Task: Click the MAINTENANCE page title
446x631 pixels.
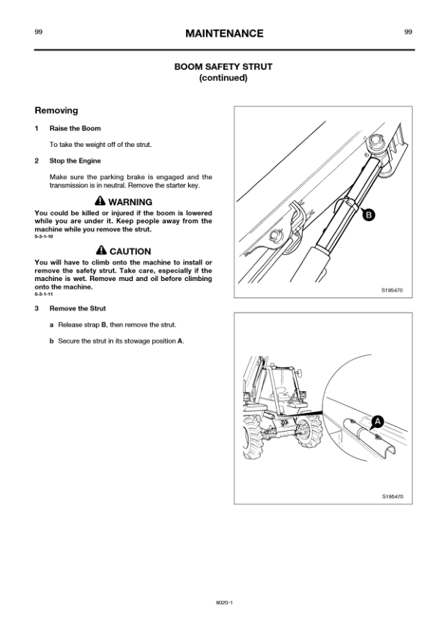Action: pyautogui.click(x=224, y=34)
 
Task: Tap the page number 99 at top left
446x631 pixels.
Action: pyautogui.click(x=38, y=32)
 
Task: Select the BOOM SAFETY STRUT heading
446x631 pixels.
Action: pyautogui.click(x=223, y=67)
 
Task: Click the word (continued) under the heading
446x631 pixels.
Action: pyautogui.click(x=223, y=78)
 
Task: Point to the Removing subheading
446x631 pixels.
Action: pyautogui.click(x=56, y=111)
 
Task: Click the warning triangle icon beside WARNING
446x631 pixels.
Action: pyautogui.click(x=100, y=200)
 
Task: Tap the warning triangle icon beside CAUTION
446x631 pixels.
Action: pyautogui.click(x=101, y=250)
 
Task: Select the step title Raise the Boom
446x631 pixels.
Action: pyautogui.click(x=75, y=128)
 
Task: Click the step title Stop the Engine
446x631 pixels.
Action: pyautogui.click(x=75, y=161)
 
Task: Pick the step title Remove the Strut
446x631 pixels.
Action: pyautogui.click(x=78, y=309)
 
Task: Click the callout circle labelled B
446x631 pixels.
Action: pyautogui.click(x=369, y=215)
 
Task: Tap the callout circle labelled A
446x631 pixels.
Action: pyautogui.click(x=378, y=422)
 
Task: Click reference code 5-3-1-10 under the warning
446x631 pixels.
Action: pyautogui.click(x=43, y=237)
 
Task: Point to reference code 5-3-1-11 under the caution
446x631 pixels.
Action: pyautogui.click(x=43, y=295)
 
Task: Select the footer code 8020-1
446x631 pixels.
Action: pyautogui.click(x=225, y=603)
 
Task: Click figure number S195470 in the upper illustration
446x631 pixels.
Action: pyautogui.click(x=392, y=290)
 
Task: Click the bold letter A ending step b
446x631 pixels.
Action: pyautogui.click(x=180, y=341)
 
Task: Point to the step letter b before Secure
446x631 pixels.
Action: pyautogui.click(x=52, y=341)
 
